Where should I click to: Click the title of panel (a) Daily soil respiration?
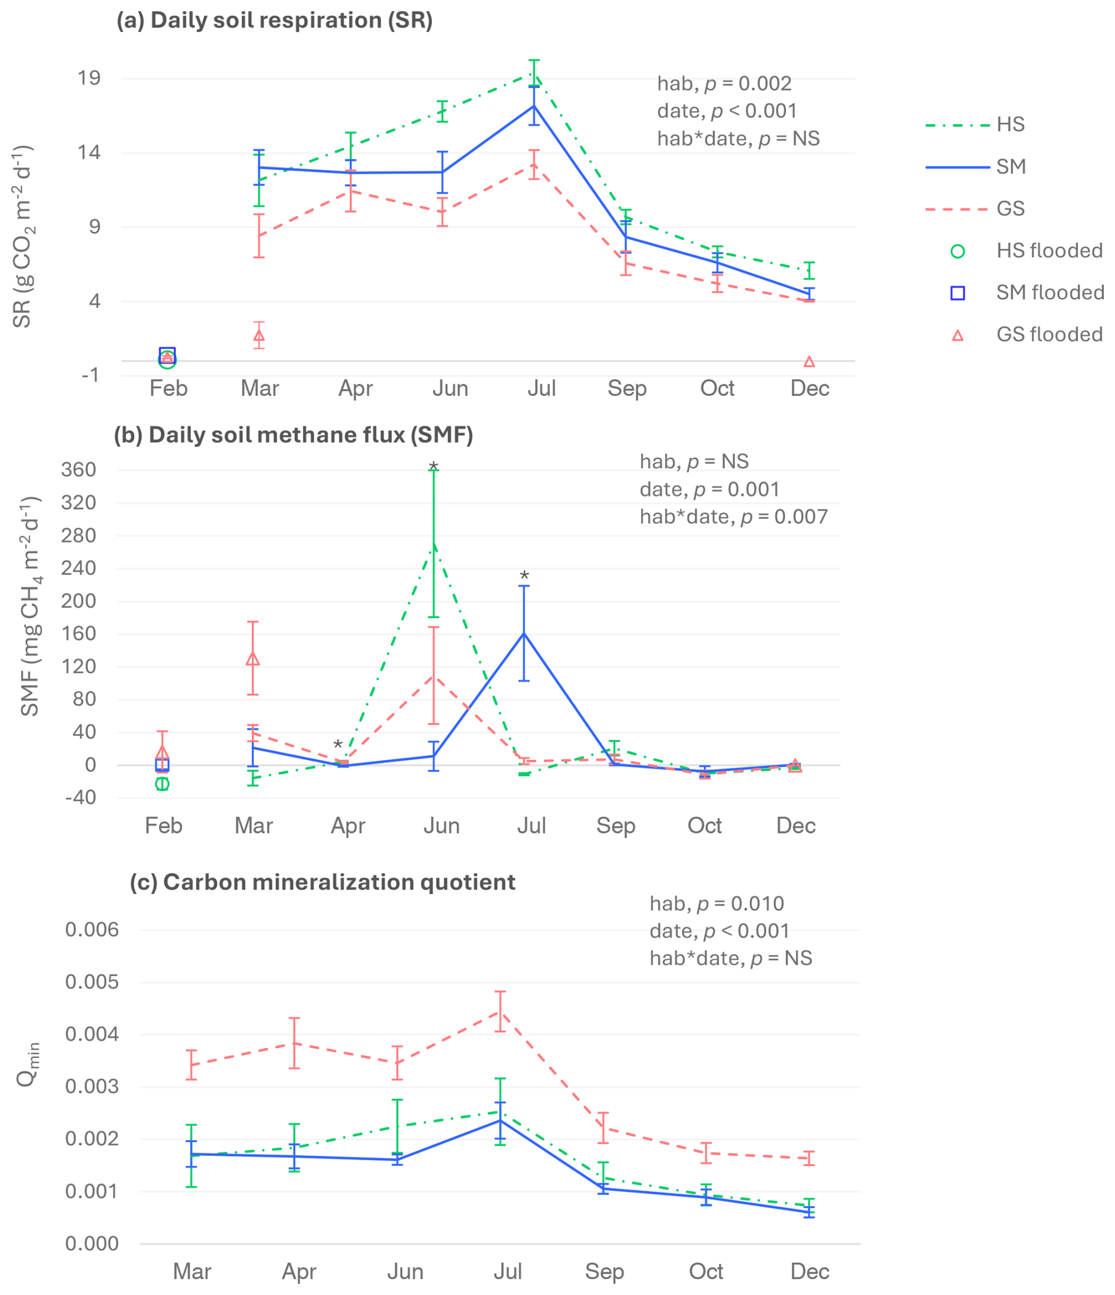point(275,21)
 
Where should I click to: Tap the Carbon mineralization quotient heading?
point(322,882)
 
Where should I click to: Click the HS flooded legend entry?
point(1049,250)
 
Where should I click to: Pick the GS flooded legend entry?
point(1049,335)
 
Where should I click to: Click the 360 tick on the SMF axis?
point(79,470)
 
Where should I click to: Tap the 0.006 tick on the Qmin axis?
point(92,929)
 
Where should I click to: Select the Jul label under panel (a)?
point(541,389)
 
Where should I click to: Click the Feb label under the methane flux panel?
point(164,825)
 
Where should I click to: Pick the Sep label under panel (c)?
point(605,1271)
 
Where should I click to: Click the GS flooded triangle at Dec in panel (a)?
point(809,362)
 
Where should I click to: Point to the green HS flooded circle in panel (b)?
point(163,784)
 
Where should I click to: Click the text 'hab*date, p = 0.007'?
point(733,517)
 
